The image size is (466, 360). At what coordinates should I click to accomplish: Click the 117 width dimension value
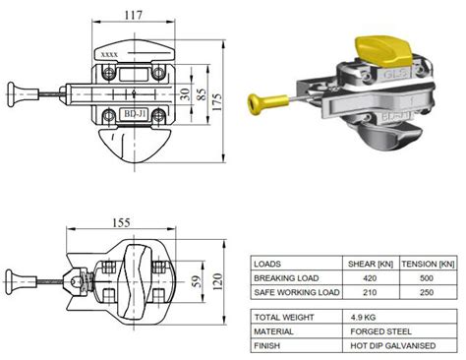click(132, 15)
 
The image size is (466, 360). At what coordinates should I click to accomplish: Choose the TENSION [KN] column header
click(431, 264)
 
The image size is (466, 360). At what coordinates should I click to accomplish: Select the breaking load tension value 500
click(431, 278)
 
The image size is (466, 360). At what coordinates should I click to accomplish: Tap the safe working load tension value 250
click(431, 293)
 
